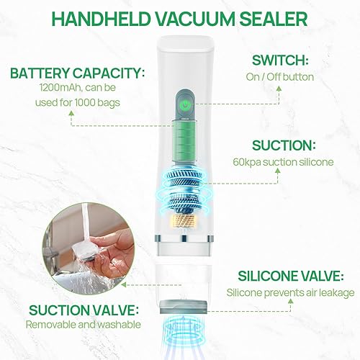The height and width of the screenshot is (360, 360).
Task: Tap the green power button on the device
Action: tap(186, 106)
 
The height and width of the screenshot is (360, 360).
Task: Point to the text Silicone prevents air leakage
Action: tap(290, 292)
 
